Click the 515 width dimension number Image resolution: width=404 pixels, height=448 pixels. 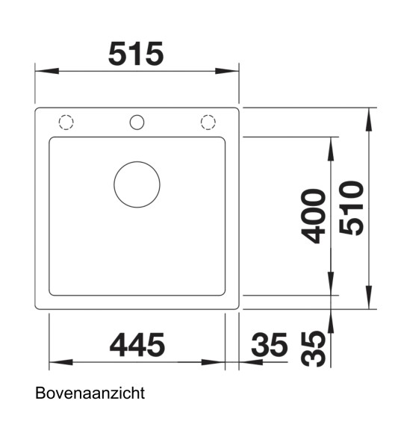(x=136, y=54)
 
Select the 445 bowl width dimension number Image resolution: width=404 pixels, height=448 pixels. (x=137, y=345)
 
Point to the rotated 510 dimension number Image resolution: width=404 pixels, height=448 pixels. (x=351, y=208)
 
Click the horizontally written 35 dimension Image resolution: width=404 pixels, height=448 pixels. (x=269, y=345)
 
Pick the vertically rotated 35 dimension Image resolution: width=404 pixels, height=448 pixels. (x=317, y=349)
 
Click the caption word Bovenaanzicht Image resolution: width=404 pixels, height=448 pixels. (x=89, y=393)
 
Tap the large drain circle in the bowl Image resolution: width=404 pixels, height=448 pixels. (x=137, y=184)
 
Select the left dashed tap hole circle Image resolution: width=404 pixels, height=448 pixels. (x=66, y=122)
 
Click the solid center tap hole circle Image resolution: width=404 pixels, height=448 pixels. (x=137, y=122)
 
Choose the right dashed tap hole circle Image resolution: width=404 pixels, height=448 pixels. (x=207, y=122)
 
